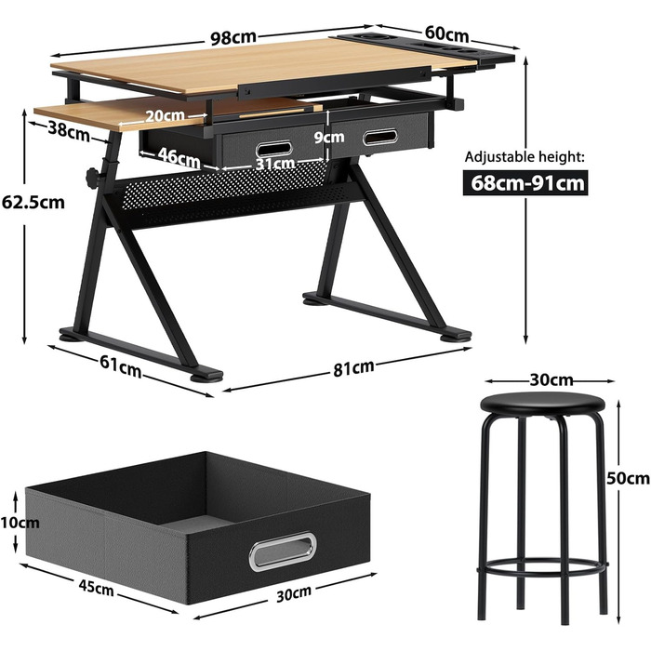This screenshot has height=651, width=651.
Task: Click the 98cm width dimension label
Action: coord(232,37)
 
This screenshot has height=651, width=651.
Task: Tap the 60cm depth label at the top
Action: coord(446,33)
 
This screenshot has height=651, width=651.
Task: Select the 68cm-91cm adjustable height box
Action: coord(525,182)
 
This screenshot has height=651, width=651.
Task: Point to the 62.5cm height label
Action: coord(33,202)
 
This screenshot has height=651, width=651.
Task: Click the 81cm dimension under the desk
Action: coord(353,368)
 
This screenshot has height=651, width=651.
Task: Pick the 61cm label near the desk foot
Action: coord(120,366)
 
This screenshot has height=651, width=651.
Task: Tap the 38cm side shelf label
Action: coord(69,131)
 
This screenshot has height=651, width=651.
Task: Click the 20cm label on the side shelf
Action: coord(165,115)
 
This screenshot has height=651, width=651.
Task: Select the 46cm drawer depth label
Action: coord(179,157)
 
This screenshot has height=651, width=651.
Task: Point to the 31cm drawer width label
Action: coord(275,163)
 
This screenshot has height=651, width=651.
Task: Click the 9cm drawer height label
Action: coord(329,137)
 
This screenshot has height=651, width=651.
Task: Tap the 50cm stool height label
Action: coord(628,478)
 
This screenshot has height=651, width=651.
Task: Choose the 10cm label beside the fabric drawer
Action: coord(20,523)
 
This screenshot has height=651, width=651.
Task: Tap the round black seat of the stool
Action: coord(542,404)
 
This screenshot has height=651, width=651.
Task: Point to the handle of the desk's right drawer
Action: coord(379,138)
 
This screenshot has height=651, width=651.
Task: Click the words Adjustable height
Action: coord(525,157)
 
